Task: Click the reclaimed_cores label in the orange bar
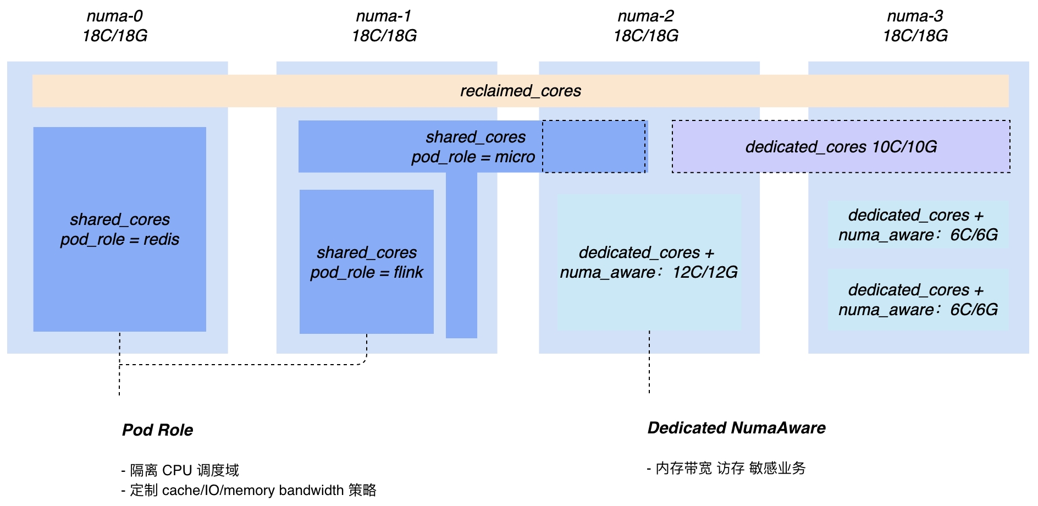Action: click(x=521, y=91)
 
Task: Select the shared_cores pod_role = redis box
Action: click(x=120, y=229)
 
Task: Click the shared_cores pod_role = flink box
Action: click(x=367, y=262)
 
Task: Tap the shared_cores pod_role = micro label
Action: click(x=473, y=147)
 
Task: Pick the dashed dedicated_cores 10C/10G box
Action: click(x=841, y=147)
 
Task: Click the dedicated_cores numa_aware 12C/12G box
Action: click(x=649, y=262)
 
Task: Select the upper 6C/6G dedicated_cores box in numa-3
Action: click(x=918, y=225)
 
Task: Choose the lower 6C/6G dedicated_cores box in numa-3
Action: click(x=918, y=300)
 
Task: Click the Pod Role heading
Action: click(x=158, y=430)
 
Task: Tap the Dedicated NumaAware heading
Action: click(x=737, y=428)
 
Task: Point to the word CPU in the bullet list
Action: click(x=177, y=470)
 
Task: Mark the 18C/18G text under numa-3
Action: click(x=915, y=36)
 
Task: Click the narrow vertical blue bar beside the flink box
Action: click(x=461, y=255)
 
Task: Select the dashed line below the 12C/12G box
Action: click(x=649, y=362)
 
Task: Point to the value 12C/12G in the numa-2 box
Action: click(x=705, y=272)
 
